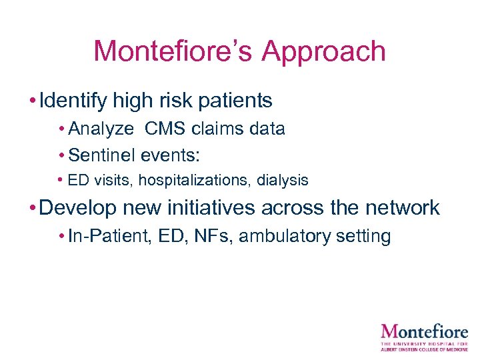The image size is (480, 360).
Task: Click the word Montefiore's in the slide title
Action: pyautogui.click(x=171, y=51)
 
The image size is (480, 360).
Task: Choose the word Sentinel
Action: pyautogui.click(x=101, y=155)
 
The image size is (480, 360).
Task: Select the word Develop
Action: pyautogui.click(x=79, y=207)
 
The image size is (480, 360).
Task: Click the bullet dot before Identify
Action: pyautogui.click(x=33, y=101)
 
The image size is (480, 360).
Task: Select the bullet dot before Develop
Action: pyautogui.click(x=33, y=208)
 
